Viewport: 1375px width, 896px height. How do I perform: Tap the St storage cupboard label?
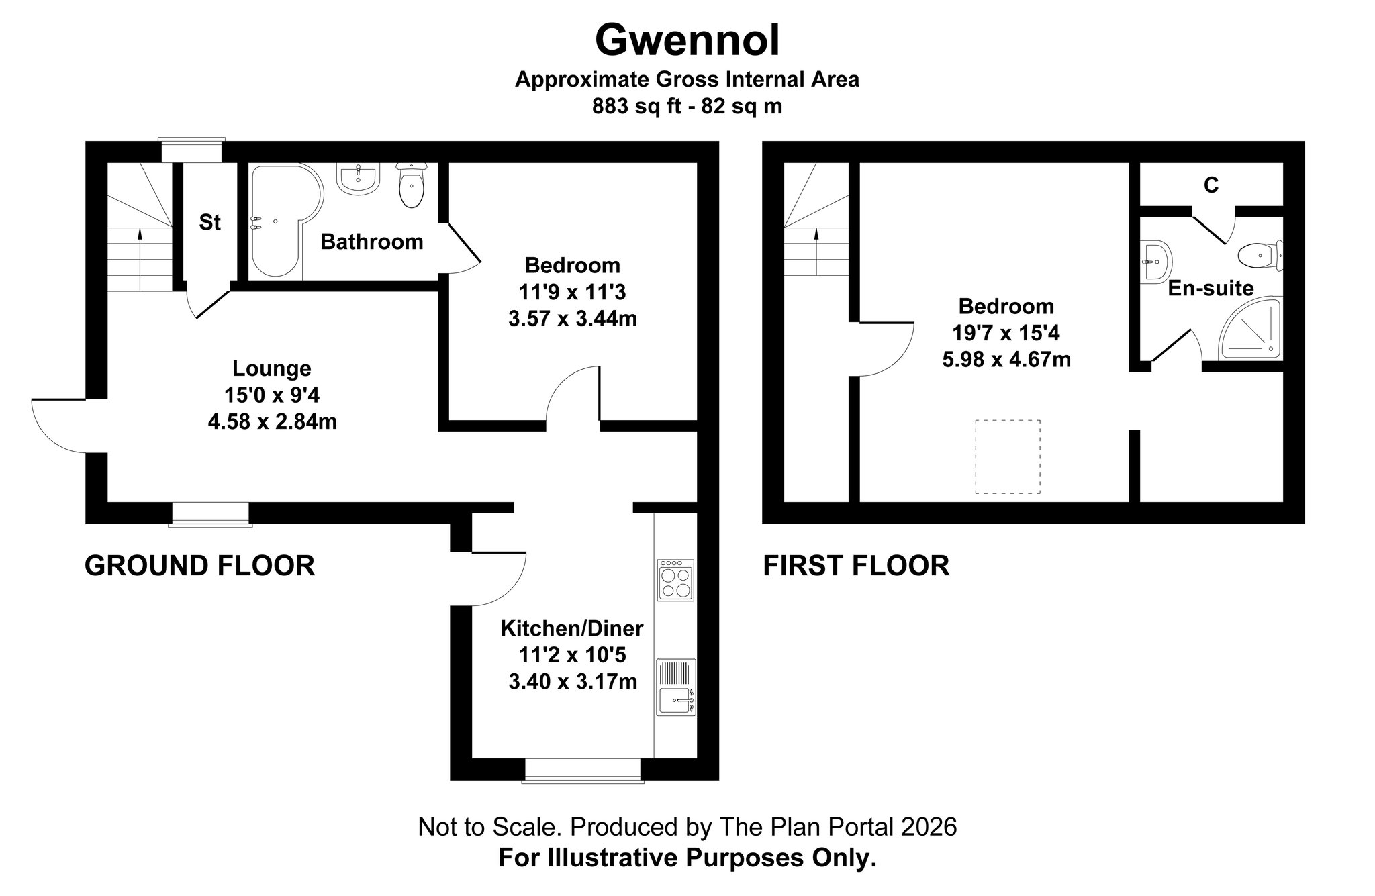click(209, 222)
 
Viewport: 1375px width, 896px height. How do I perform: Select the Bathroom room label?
click(371, 242)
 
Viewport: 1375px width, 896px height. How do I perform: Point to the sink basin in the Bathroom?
click(359, 179)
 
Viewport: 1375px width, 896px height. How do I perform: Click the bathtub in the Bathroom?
click(282, 221)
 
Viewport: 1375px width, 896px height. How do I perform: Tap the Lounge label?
click(272, 368)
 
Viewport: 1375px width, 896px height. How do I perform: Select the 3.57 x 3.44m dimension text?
click(573, 319)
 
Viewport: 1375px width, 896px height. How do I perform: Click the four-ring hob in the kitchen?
click(676, 579)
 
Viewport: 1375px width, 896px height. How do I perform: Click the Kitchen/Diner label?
click(572, 628)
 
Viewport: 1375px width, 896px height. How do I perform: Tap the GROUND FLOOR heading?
click(199, 566)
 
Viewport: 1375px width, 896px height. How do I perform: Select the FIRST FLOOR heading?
click(856, 566)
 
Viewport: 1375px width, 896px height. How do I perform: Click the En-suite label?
click(1211, 288)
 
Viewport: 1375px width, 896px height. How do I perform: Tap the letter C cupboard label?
click(1211, 185)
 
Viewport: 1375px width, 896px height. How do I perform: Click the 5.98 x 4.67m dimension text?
click(1006, 360)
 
